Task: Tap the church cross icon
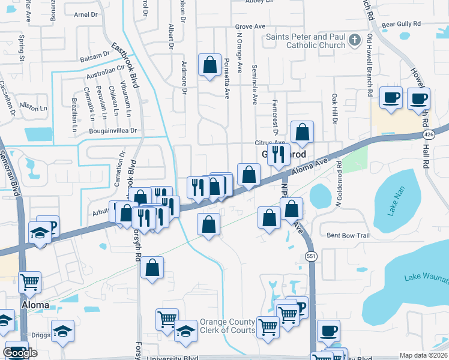(355, 40)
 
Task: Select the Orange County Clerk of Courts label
(228, 326)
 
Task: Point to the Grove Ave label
(250, 27)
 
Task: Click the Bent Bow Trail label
(348, 235)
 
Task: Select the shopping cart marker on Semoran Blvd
(29, 281)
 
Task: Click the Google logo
(20, 353)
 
